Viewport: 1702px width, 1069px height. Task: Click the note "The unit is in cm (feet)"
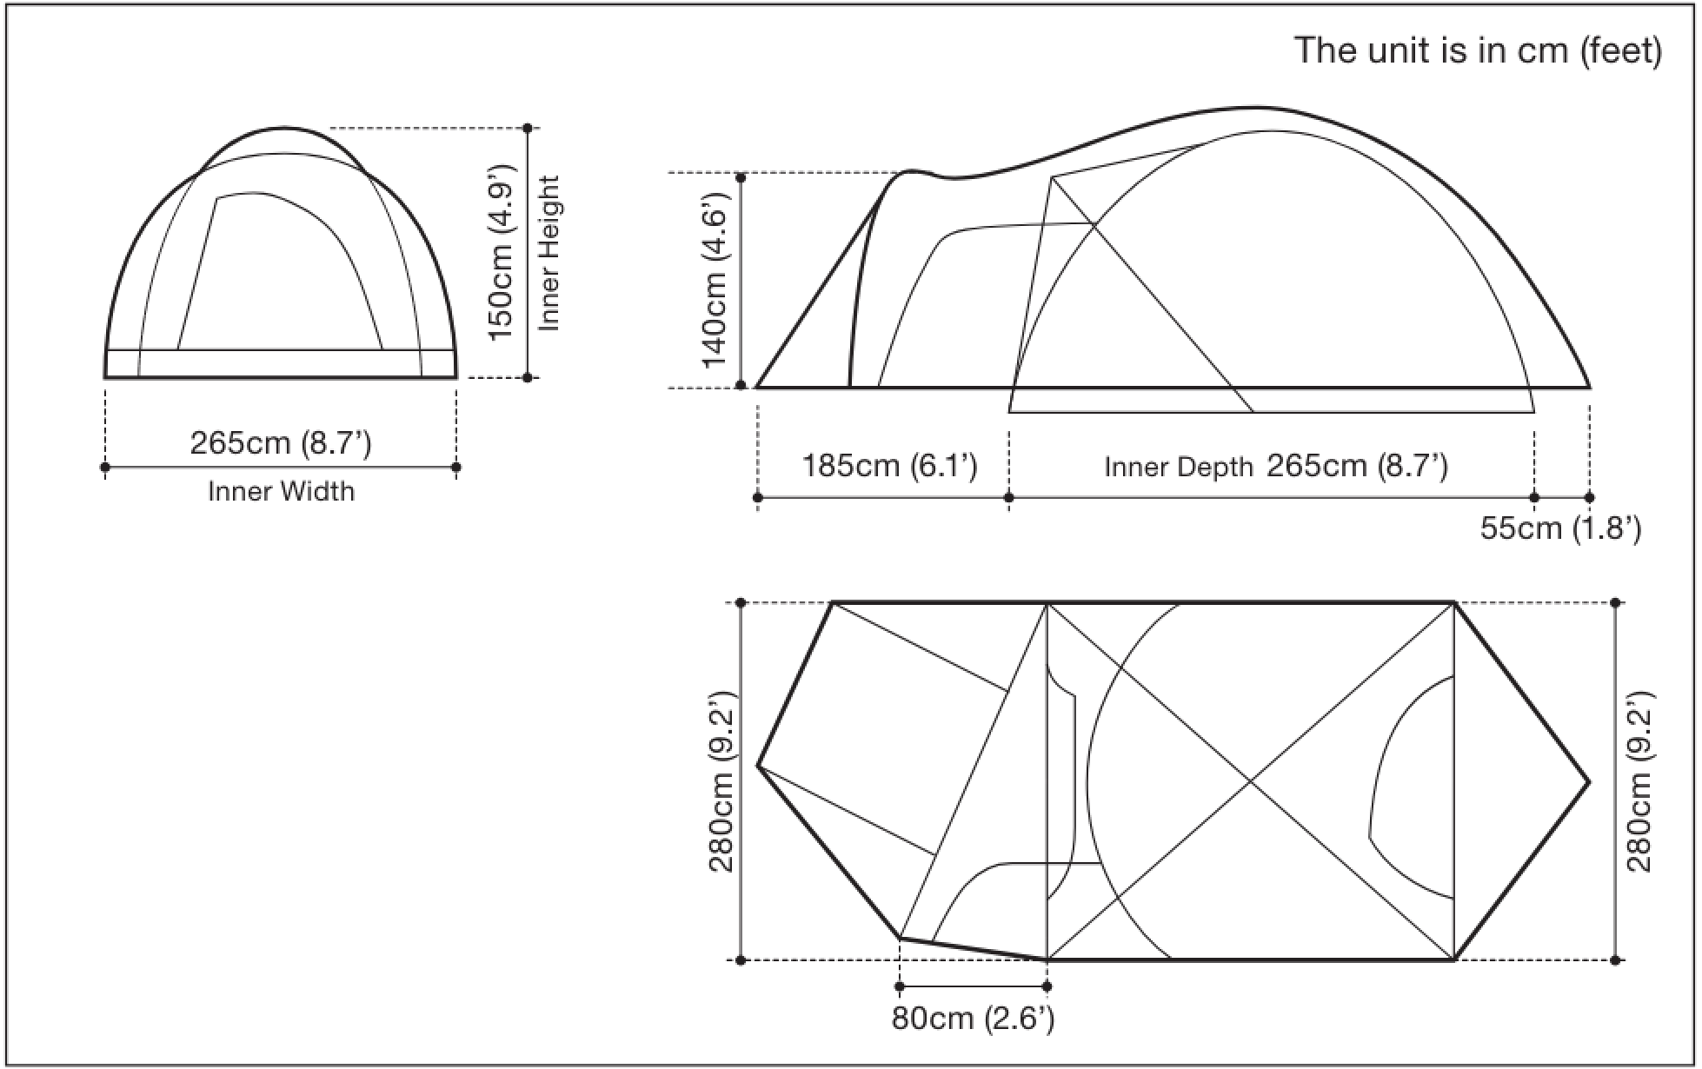[x=1478, y=50]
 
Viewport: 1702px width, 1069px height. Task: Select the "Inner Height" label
[x=549, y=253]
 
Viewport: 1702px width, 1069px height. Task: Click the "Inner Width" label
[x=282, y=492]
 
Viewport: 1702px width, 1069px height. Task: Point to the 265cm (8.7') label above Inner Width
[x=281, y=443]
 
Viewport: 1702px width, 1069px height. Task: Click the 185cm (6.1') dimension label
[x=889, y=466]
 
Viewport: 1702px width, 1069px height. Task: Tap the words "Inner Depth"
[x=1179, y=468]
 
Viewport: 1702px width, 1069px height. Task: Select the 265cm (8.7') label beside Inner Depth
[x=1357, y=466]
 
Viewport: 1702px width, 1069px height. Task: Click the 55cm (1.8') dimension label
[x=1561, y=528]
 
